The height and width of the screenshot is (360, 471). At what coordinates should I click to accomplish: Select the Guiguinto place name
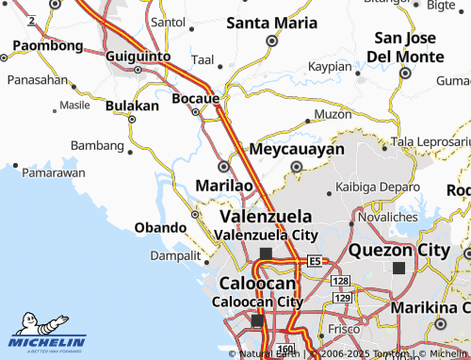coord(138,57)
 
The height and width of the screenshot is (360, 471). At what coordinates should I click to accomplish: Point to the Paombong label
coord(48,44)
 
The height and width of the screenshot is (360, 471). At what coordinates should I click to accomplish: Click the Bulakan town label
coord(132,106)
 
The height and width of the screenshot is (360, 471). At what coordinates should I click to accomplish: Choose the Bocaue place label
coord(196,97)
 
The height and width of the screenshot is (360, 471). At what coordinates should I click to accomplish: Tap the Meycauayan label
coord(296,149)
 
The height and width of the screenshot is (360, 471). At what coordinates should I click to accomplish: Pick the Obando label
coord(161,227)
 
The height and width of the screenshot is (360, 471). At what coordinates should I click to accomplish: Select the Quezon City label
coord(399,250)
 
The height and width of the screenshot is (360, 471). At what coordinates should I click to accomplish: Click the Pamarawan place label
coord(54,172)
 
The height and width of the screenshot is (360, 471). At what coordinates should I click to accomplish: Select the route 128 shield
coord(341,281)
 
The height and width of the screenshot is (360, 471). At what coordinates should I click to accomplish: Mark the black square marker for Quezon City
coord(399,269)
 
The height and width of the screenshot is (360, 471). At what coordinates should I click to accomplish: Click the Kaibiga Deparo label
coord(378,187)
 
